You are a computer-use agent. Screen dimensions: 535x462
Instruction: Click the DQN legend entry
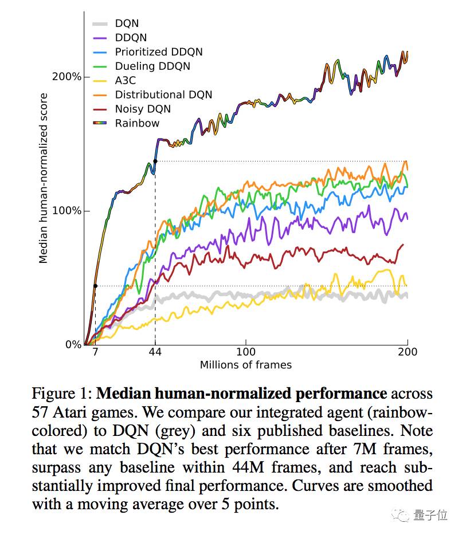click(127, 23)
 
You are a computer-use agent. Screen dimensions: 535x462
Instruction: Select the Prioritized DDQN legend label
click(158, 52)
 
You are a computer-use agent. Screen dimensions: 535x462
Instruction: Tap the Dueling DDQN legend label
click(152, 66)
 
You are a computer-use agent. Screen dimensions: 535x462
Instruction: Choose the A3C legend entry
click(126, 81)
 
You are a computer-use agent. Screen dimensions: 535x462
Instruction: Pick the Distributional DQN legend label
click(163, 95)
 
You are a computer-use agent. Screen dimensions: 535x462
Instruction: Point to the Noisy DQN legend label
click(143, 109)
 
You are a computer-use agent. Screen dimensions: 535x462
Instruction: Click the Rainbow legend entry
click(137, 123)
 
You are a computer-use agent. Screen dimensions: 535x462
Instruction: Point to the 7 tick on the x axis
click(95, 352)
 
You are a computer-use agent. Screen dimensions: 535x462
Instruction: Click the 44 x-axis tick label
click(155, 352)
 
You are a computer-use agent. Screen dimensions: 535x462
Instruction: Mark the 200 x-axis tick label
click(407, 352)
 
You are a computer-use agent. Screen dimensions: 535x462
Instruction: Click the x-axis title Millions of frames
click(245, 365)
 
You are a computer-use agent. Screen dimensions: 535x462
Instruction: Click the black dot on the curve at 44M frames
click(155, 162)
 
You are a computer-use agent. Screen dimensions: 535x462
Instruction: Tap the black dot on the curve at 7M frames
click(95, 286)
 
